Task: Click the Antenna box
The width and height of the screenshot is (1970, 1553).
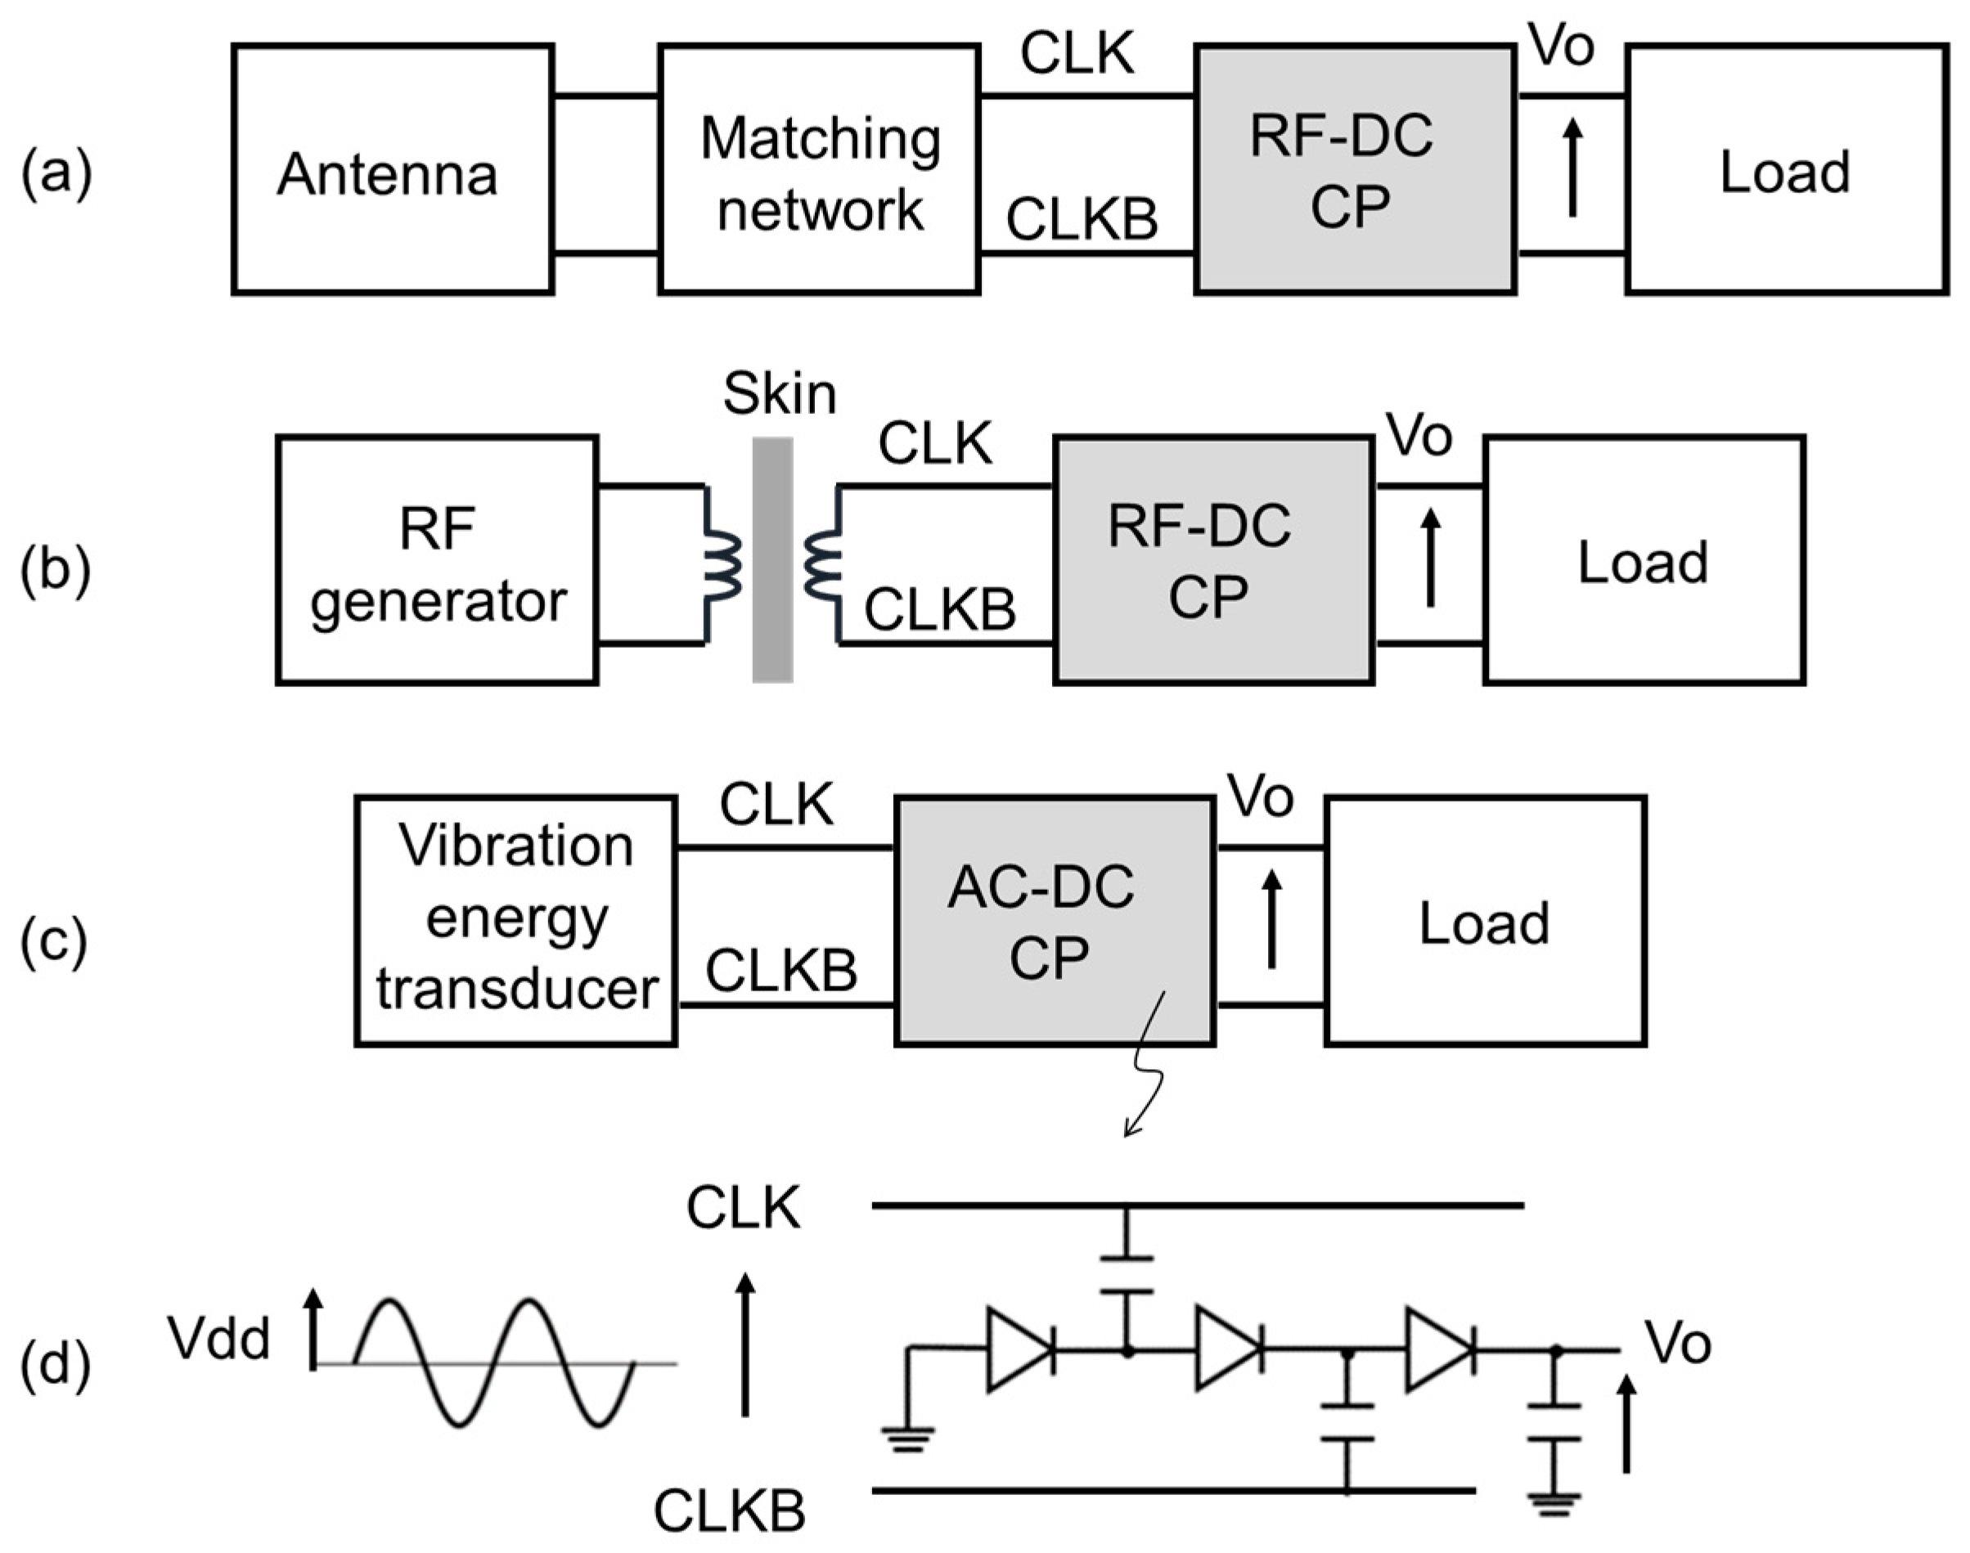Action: [392, 169]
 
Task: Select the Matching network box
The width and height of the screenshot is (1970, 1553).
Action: [819, 169]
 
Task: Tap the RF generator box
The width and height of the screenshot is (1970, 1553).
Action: [437, 560]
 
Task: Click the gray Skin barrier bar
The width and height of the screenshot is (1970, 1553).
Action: [772, 560]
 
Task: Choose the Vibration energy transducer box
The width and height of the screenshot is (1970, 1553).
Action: [515, 921]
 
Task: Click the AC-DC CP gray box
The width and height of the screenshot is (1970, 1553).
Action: [1054, 921]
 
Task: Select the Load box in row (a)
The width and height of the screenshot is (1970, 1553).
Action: [1786, 169]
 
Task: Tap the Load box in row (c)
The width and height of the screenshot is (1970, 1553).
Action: [1485, 921]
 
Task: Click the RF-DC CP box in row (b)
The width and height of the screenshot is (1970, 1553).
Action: [1212, 560]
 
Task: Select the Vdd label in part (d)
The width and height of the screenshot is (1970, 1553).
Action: [219, 1340]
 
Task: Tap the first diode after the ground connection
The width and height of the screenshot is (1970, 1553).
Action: [1020, 1350]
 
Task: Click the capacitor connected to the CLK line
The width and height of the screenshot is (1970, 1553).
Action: [1127, 1274]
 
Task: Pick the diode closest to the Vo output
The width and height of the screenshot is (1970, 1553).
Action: [1439, 1350]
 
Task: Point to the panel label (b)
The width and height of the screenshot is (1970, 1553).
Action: [56, 571]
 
